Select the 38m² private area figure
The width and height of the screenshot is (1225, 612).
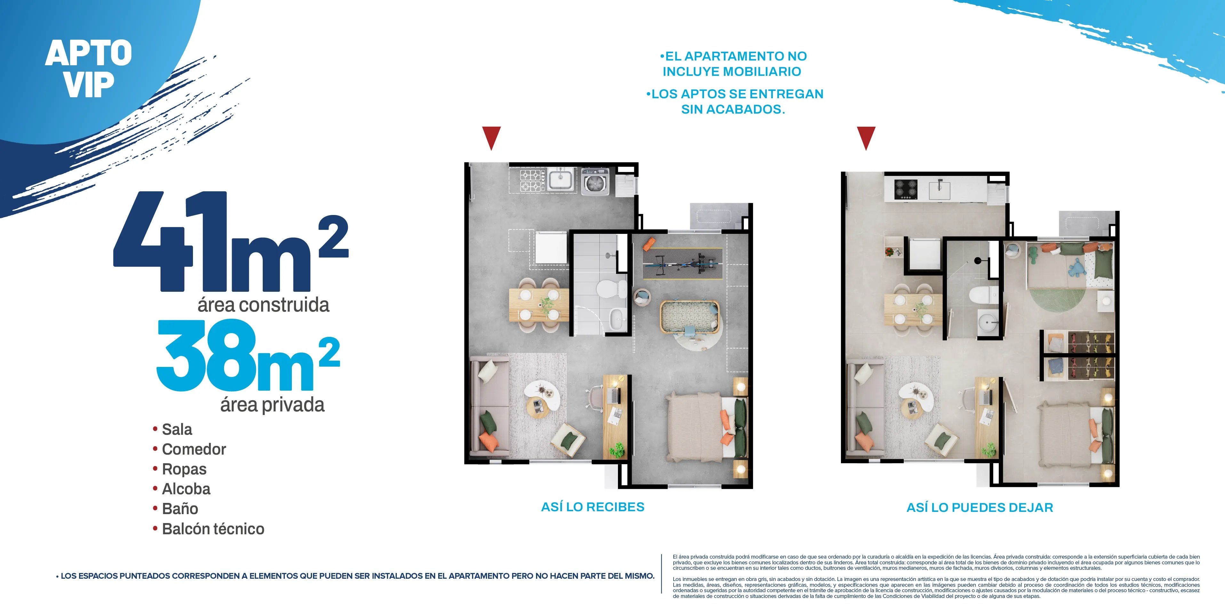[247, 357]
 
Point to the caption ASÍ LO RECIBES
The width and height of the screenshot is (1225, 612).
[593, 507]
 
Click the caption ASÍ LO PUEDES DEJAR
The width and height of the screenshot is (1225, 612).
[980, 507]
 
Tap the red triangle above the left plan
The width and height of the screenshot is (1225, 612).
[491, 137]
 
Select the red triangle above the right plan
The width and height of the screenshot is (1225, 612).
[866, 137]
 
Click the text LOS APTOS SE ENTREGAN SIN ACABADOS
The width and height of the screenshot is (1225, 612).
[735, 101]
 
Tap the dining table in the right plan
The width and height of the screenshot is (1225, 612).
[913, 309]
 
